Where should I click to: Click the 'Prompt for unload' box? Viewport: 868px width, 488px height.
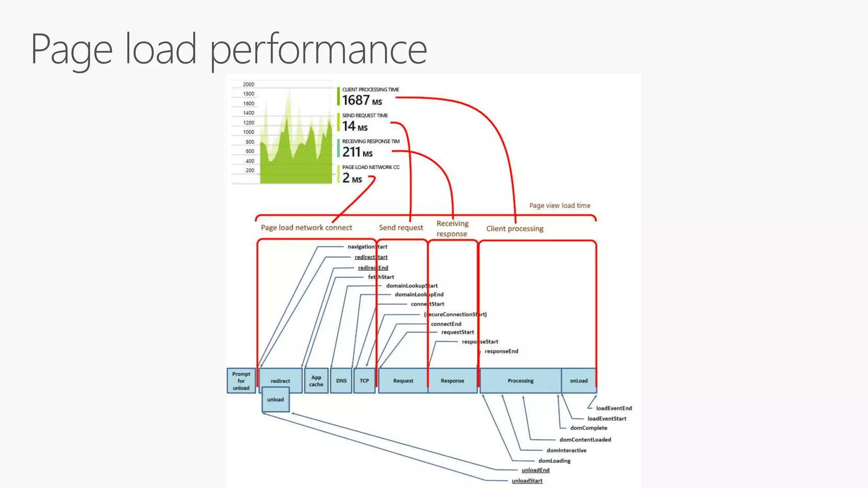tap(241, 381)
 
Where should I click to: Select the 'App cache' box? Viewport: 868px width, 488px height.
tap(316, 381)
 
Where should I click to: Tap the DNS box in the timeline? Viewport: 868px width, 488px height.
tap(341, 381)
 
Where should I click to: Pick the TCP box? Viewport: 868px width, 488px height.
tap(364, 381)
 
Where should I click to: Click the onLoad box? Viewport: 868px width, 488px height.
tap(579, 381)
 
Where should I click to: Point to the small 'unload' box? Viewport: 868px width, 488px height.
tap(275, 399)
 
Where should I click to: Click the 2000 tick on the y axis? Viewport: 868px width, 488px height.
tap(248, 84)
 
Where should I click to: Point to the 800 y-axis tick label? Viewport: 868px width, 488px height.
tap(250, 142)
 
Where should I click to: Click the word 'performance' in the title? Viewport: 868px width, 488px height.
tap(318, 50)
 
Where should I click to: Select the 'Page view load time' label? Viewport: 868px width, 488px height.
tap(559, 205)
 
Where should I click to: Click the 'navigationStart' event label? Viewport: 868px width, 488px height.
tap(367, 247)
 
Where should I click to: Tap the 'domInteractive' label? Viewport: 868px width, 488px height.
tap(566, 450)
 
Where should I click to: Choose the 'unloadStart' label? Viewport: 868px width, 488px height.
tap(527, 481)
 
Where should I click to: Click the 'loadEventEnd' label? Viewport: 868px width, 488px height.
tap(614, 408)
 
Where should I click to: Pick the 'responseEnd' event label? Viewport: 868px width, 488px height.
tap(501, 351)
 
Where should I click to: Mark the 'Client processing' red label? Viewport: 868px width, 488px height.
tap(515, 229)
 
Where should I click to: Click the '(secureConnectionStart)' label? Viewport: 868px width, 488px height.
tap(455, 314)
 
